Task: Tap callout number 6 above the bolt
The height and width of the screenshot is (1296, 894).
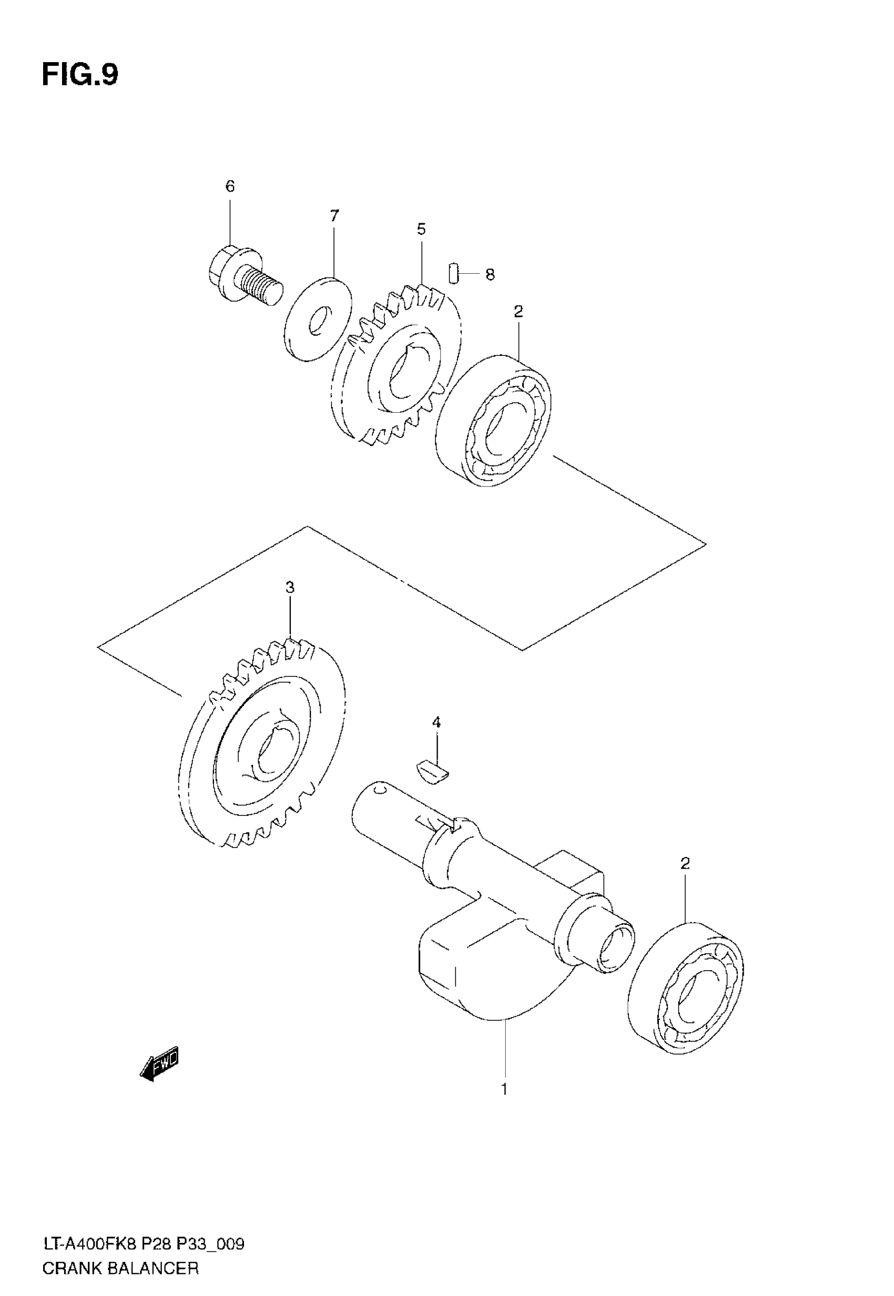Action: (230, 186)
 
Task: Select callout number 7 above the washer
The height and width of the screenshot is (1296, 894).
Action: (334, 215)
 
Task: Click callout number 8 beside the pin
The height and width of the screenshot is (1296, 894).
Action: (490, 275)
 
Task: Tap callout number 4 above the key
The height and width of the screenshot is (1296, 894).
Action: (436, 723)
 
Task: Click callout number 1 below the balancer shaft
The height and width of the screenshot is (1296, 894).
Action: (504, 1089)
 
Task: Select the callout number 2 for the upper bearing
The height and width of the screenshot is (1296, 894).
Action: (518, 312)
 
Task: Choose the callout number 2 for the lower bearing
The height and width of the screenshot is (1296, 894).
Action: (685, 863)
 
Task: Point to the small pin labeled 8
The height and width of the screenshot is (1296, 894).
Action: (454, 274)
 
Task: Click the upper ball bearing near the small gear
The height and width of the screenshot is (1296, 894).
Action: (493, 420)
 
